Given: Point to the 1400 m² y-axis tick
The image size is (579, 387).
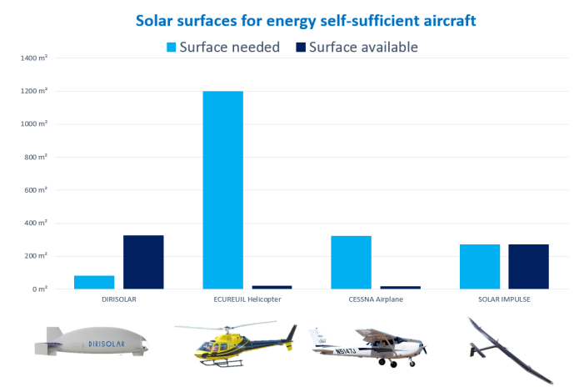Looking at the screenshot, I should [x=36, y=58].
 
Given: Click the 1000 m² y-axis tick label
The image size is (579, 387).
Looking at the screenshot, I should [x=36, y=124].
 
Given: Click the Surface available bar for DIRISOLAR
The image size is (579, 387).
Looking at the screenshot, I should [x=143, y=262].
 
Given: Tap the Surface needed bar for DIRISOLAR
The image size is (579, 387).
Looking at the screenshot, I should [x=95, y=282].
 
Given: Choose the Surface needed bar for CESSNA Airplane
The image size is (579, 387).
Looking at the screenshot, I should [x=351, y=262].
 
